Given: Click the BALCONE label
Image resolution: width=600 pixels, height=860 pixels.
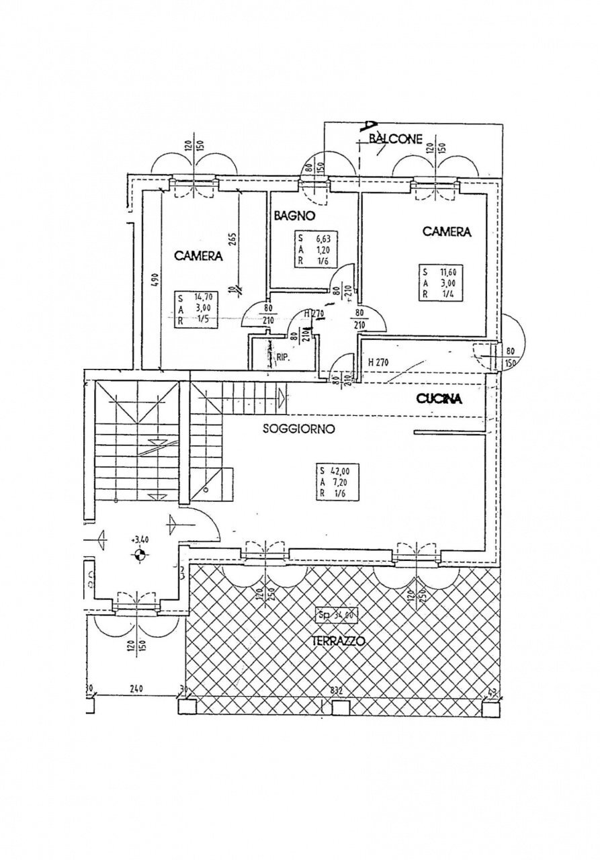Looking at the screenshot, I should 396,140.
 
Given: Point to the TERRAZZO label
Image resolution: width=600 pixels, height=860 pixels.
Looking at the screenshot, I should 339,641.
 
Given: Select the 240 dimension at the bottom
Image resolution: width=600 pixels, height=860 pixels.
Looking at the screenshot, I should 137,689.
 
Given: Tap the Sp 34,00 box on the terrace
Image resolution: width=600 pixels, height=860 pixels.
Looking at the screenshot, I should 336,613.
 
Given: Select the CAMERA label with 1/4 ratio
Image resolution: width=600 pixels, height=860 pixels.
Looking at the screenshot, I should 446,232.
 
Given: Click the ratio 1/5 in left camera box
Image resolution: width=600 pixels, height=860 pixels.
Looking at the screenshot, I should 200,320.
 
